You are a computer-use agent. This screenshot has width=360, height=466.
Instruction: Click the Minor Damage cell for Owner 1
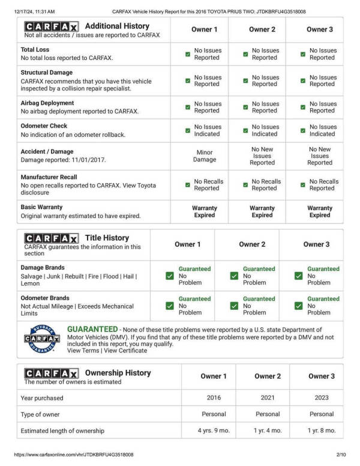[205, 156]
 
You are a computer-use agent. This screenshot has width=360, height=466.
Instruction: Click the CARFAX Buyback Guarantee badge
[41, 339]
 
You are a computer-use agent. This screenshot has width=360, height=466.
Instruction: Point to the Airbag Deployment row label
[47, 103]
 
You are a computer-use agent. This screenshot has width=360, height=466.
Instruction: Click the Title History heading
[107, 238]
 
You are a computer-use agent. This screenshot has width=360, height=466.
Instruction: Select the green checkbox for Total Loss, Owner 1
[188, 54]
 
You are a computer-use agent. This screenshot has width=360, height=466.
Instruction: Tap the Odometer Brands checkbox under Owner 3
[299, 306]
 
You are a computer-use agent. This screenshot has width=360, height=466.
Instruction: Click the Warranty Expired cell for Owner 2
[262, 211]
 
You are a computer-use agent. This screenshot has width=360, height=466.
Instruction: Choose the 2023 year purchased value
[322, 398]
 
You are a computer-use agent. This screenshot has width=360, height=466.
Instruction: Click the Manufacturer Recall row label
[49, 177]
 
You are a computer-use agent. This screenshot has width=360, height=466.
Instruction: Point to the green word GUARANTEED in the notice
[92, 330]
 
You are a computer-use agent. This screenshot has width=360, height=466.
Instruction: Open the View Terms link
[83, 351]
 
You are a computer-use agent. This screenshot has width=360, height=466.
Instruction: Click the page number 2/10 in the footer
[341, 455]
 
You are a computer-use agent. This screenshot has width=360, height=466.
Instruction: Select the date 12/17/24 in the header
[26, 11]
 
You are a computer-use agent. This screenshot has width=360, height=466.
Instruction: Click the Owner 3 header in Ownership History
[322, 377]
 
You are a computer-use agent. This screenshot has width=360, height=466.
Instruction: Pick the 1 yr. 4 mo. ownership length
[268, 431]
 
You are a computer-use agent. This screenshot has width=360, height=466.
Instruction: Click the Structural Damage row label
[47, 73]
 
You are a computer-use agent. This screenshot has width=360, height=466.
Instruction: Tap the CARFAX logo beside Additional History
[51, 27]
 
